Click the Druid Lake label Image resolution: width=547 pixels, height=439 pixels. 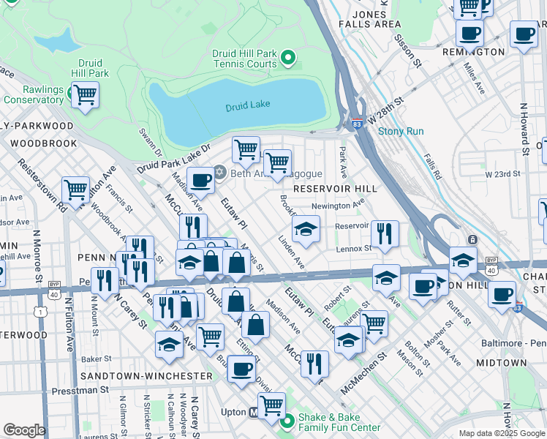248,105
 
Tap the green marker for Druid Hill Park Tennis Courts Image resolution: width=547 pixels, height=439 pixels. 288,56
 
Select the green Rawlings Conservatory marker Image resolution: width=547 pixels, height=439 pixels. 73,94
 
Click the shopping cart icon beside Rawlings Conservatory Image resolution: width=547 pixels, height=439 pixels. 86,94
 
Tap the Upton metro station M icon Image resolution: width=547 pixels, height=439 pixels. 254,412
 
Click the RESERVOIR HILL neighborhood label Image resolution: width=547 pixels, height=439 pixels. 335,189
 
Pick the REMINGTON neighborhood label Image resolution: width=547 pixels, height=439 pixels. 473,53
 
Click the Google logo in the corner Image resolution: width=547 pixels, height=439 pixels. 24,430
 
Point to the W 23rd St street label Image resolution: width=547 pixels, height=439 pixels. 502,174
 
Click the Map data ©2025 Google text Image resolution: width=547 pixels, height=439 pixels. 501,433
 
